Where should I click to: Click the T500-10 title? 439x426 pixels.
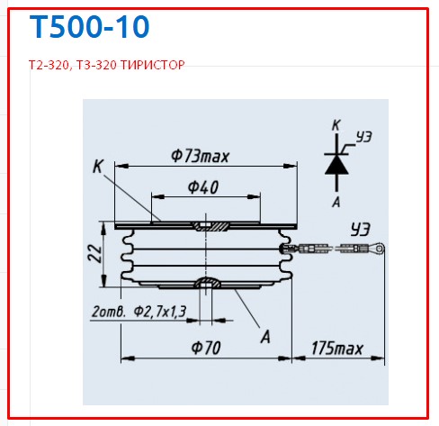(89, 27)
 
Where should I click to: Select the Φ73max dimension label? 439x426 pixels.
(200, 156)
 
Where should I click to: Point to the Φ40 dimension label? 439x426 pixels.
(205, 187)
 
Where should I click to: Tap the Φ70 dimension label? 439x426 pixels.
(205, 347)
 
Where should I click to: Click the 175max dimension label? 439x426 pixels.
(335, 347)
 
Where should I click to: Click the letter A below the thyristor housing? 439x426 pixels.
(265, 337)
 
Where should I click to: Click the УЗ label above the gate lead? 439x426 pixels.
(360, 230)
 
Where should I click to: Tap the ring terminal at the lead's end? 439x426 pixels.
(381, 248)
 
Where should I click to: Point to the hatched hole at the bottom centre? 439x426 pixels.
(209, 285)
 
